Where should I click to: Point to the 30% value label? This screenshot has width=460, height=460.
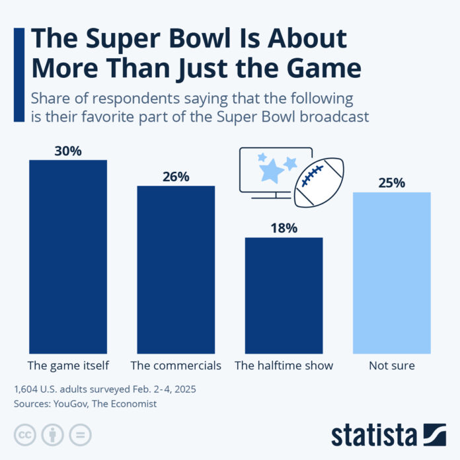click(x=68, y=151)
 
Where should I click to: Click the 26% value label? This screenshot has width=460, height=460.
click(x=176, y=176)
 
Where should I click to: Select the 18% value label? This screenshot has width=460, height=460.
click(x=284, y=228)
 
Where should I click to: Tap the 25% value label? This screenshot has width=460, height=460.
click(x=391, y=183)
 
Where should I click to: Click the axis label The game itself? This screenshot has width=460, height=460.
click(x=68, y=365)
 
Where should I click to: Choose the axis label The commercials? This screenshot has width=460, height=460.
click(x=176, y=365)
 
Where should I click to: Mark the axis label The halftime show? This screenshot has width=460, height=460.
click(x=284, y=365)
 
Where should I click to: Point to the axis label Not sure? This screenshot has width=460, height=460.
click(x=391, y=365)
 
